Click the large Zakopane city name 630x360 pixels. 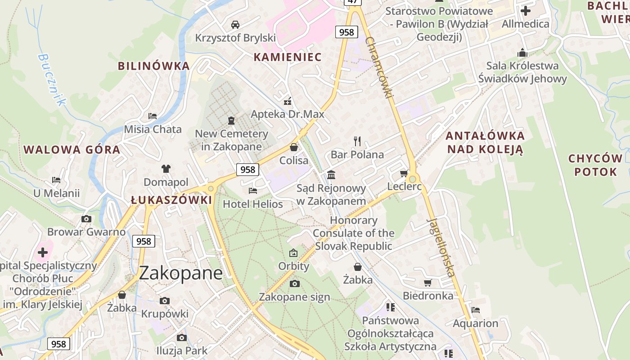pyautogui.click(x=181, y=273)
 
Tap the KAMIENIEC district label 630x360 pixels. pyautogui.click(x=288, y=57)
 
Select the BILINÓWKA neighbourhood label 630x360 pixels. pyautogui.click(x=153, y=66)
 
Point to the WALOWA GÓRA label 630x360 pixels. pyautogui.click(x=72, y=150)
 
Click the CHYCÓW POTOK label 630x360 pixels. pyautogui.click(x=595, y=165)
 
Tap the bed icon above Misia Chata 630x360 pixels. pyautogui.click(x=153, y=116)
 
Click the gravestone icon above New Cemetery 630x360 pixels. pyautogui.click(x=231, y=120)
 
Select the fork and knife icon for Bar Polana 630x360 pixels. pyautogui.click(x=357, y=141)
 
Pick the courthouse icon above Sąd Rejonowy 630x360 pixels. pyautogui.click(x=331, y=175)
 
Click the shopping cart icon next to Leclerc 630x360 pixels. pyautogui.click(x=404, y=174)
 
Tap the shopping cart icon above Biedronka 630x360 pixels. pyautogui.click(x=427, y=283)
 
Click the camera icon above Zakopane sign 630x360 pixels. pyautogui.click(x=294, y=283)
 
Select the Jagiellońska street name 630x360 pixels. pyautogui.click(x=441, y=247)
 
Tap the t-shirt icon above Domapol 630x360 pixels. pyautogui.click(x=166, y=169)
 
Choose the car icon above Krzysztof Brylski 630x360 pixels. pyautogui.click(x=235, y=24)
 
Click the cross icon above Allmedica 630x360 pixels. pyautogui.click(x=525, y=10)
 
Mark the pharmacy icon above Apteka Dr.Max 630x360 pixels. pyautogui.click(x=288, y=101)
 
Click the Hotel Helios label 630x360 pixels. pyautogui.click(x=253, y=204)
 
